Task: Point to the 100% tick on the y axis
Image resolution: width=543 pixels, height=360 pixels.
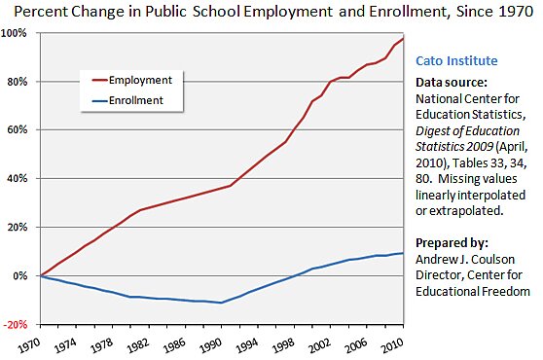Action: click(18, 33)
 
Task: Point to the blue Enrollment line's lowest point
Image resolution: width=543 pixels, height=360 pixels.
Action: click(224, 303)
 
